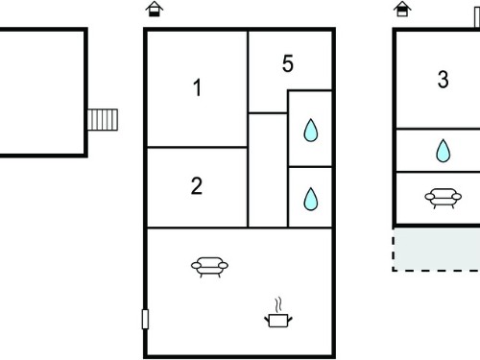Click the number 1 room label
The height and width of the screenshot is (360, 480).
pos(198,87)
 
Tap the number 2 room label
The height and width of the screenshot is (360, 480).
pos(197,185)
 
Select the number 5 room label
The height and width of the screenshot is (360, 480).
pos(288,63)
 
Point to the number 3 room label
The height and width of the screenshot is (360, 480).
pos(444,79)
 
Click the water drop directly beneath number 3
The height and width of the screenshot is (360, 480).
pos(444,151)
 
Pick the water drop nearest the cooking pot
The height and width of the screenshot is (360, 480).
pos(311,199)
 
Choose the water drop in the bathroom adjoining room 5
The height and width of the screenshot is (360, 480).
pos(311,131)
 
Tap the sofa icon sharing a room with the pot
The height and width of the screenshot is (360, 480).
pos(209,267)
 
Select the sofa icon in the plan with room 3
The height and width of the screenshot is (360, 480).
pos(444,198)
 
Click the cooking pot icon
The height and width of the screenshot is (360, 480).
pos(278,321)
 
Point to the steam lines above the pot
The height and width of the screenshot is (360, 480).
pos(278,304)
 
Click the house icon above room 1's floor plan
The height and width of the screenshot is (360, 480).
pos(155,9)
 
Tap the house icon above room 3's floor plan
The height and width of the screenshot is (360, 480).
pos(402,9)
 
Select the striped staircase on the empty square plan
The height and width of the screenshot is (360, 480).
pos(103,120)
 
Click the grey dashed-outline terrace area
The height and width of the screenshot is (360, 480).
pos(437,250)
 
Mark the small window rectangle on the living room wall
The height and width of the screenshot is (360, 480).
pos(145,319)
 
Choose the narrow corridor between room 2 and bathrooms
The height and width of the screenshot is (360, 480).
pos(268,170)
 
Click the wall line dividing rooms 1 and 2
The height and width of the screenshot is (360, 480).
pos(197,147)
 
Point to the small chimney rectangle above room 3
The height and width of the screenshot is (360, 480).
pos(477,17)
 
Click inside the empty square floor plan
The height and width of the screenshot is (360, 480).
pos(41,92)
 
